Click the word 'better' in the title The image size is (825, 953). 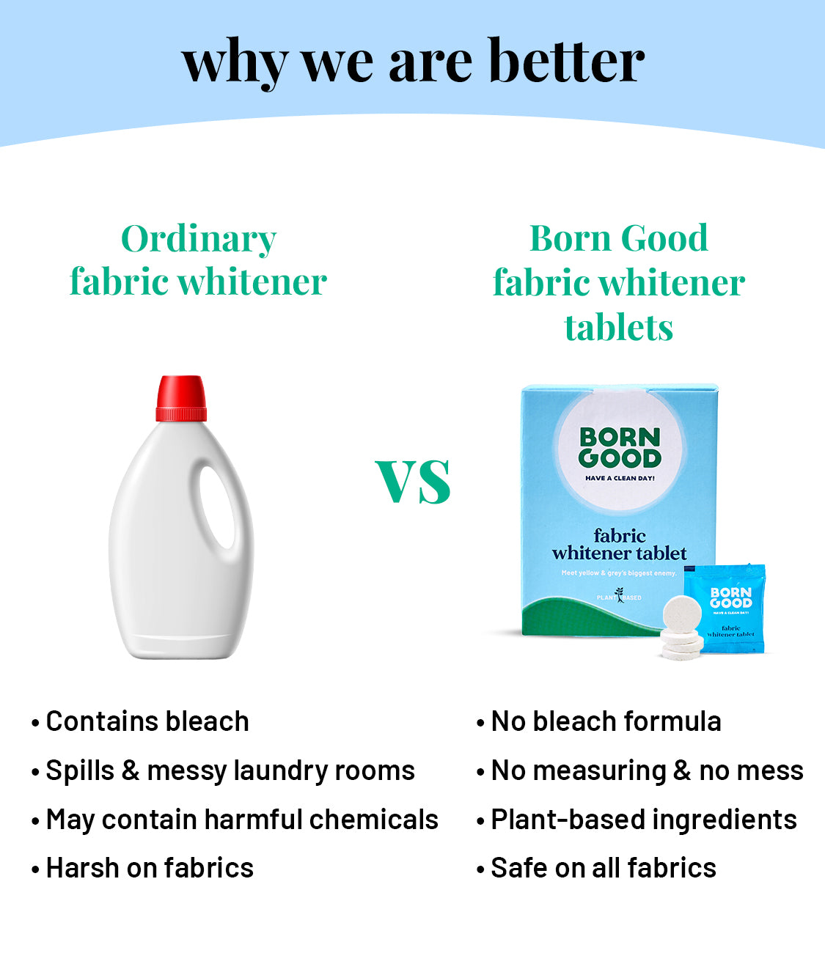(x=566, y=62)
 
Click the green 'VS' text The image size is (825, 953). (x=413, y=482)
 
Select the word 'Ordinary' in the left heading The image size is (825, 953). (x=199, y=240)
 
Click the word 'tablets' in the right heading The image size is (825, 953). (x=618, y=327)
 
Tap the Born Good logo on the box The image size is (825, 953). (x=620, y=448)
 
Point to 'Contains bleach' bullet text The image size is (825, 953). (x=147, y=721)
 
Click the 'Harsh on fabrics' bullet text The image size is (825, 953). (x=150, y=868)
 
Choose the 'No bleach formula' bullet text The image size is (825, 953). (x=606, y=721)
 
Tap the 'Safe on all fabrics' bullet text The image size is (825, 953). (x=603, y=868)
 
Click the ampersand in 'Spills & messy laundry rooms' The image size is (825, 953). (x=131, y=770)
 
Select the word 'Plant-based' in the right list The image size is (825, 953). (x=560, y=820)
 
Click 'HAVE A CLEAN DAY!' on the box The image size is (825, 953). (x=620, y=478)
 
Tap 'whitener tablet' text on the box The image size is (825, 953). (x=620, y=553)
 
